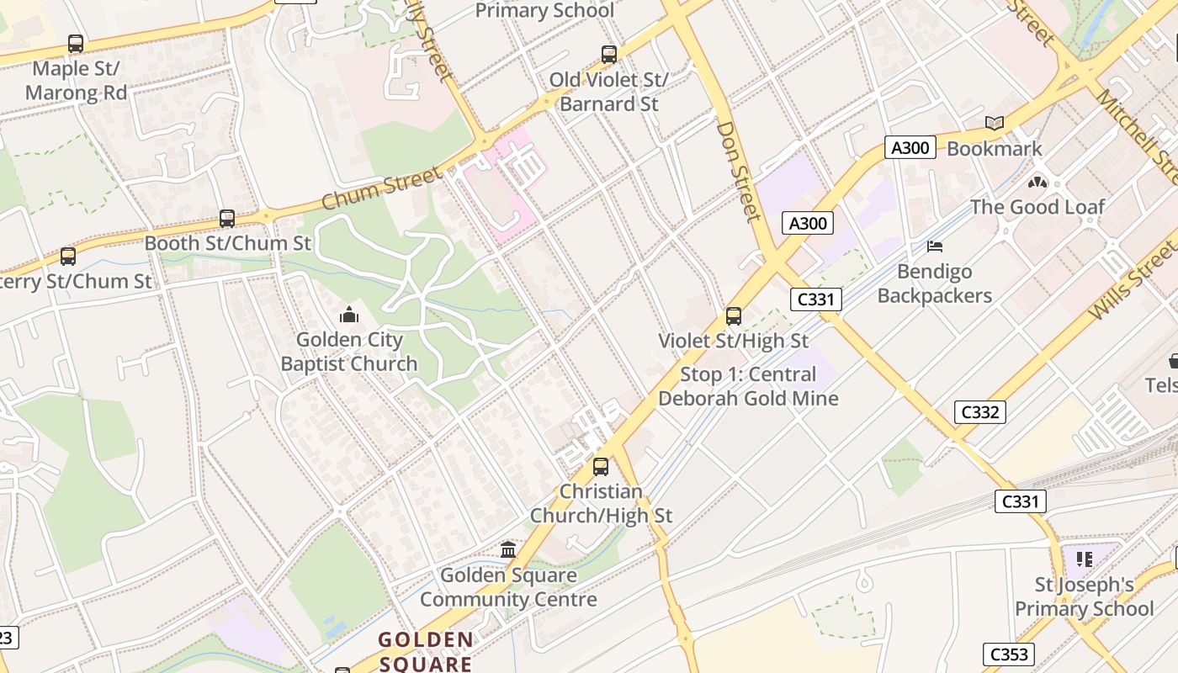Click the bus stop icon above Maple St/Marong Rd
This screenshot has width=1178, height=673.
pyautogui.click(x=76, y=44)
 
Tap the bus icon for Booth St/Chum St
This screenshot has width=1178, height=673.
pyautogui.click(x=226, y=219)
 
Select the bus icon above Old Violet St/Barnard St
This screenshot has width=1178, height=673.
pyautogui.click(x=609, y=55)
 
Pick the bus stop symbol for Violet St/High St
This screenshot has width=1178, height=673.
pyautogui.click(x=734, y=316)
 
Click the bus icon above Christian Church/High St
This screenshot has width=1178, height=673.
pyautogui.click(x=601, y=466)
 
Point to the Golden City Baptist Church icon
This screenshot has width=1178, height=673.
pyautogui.click(x=348, y=315)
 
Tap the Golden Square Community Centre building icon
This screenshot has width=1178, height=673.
pyautogui.click(x=508, y=550)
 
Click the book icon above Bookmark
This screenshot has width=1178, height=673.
pyautogui.click(x=995, y=124)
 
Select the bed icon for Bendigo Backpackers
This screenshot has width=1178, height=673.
pyautogui.click(x=934, y=246)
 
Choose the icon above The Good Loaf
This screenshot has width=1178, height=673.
pyautogui.click(x=1037, y=182)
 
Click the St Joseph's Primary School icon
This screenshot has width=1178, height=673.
pyautogui.click(x=1085, y=559)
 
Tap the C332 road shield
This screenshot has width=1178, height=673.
pyautogui.click(x=980, y=412)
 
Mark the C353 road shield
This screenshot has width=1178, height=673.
pyautogui.click(x=1008, y=654)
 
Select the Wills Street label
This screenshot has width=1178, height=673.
pyautogui.click(x=1131, y=282)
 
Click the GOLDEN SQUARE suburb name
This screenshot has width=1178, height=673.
pyautogui.click(x=425, y=651)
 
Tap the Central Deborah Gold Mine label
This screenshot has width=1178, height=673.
pyautogui.click(x=748, y=387)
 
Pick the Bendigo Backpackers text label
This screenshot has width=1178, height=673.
pyautogui.click(x=934, y=284)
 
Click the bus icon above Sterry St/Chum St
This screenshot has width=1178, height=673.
pyautogui.click(x=68, y=257)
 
